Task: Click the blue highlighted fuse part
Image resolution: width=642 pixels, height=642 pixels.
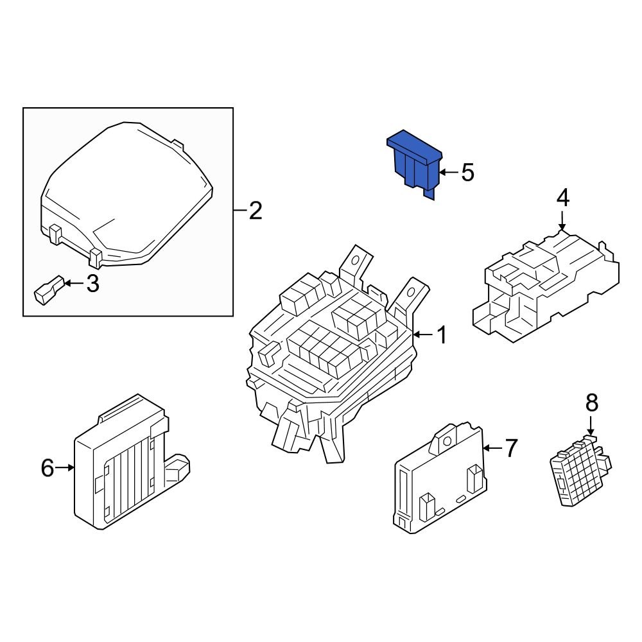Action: pos(414,164)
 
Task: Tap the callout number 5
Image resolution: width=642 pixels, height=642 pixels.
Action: pos(467,172)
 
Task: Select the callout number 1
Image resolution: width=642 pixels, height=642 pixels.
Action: pos(442,334)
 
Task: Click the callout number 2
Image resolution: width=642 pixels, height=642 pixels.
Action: pos(256,211)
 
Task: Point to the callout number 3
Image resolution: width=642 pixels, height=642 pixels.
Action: pos(93,284)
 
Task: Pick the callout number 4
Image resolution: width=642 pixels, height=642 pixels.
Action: pos(562,198)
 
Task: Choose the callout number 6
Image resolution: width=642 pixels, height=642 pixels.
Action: pos(48,468)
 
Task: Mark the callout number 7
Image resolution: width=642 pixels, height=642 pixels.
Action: pos(511,448)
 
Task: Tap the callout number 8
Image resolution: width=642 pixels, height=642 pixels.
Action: pos(591,403)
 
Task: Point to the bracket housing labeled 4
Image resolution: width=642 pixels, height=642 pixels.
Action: pos(546,286)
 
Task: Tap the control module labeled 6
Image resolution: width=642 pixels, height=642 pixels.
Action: pos(122,465)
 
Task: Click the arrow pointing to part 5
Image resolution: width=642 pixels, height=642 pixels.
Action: pos(447,172)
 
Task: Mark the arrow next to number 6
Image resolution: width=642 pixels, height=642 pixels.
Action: pos(66,468)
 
